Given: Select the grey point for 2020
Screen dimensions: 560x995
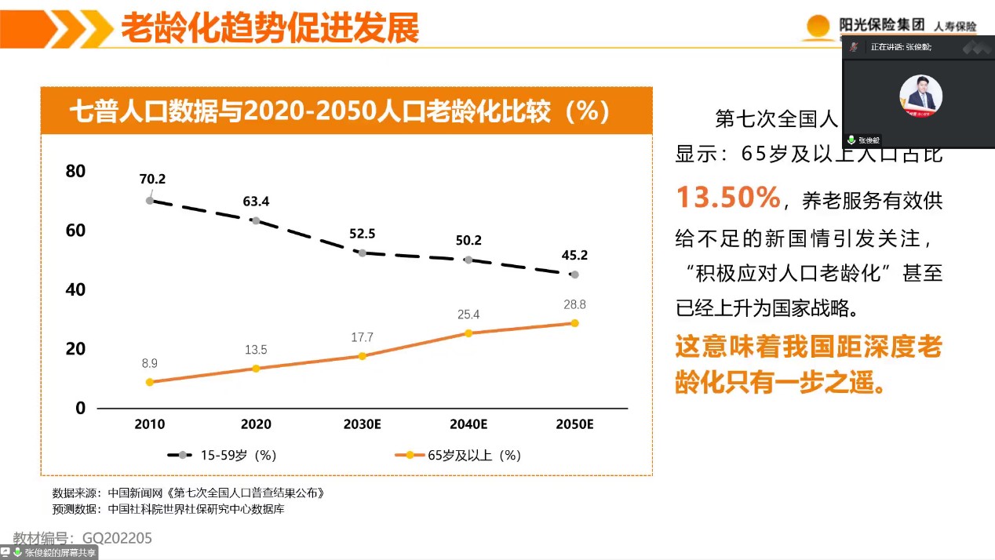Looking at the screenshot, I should (256, 220).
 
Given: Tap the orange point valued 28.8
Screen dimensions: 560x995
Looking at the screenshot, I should (574, 323).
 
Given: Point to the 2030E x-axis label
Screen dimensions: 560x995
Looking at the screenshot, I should (362, 424).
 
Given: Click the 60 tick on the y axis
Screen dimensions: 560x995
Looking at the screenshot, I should (75, 231).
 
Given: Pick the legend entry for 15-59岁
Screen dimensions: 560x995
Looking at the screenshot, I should (222, 455).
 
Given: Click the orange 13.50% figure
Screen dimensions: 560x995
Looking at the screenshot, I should (728, 198).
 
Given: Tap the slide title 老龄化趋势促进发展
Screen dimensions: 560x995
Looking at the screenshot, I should (270, 29).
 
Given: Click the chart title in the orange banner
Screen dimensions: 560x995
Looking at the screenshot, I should (340, 111).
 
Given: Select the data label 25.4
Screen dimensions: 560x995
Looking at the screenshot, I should (468, 315).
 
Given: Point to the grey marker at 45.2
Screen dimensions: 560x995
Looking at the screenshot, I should (574, 275).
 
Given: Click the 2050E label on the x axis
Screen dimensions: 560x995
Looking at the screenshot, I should (574, 424).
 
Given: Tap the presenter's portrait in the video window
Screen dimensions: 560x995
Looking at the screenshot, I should (920, 96).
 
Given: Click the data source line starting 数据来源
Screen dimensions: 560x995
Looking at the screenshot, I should (188, 493).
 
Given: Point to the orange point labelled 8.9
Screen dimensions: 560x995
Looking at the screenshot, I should (149, 382).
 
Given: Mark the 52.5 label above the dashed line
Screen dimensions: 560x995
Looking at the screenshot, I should (362, 233).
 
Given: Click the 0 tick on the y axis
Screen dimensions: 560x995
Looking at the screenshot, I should (80, 408).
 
